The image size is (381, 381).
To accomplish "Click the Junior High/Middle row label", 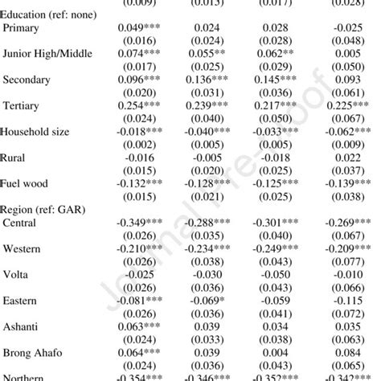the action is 46,53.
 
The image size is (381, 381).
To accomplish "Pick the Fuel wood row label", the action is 27,182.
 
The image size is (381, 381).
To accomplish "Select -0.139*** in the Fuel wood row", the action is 349,182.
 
